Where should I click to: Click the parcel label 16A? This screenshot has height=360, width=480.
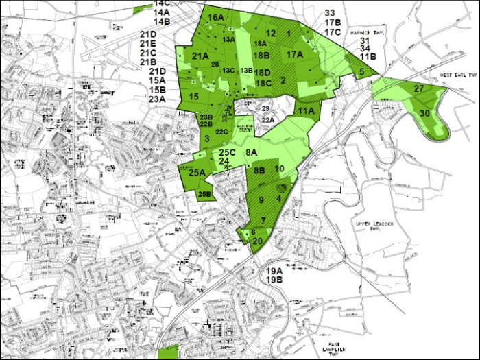(215, 17)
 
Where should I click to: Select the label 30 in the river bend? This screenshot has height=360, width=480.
(425, 113)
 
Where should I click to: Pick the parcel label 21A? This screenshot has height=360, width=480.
(200, 56)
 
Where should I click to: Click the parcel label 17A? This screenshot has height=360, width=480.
(295, 54)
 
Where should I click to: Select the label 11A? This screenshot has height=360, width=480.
(306, 111)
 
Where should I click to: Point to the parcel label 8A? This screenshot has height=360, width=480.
(251, 152)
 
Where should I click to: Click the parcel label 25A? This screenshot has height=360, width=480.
(197, 173)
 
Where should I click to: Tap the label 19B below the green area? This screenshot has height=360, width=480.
(275, 280)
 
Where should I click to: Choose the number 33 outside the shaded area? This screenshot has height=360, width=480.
(330, 13)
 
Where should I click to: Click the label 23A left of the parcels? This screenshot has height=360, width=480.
(157, 99)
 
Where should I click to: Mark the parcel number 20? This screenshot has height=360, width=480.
(258, 241)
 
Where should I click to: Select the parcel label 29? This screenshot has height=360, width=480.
(266, 108)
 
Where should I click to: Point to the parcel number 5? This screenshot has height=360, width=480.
(361, 71)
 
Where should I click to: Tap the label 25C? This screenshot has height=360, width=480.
(228, 152)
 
